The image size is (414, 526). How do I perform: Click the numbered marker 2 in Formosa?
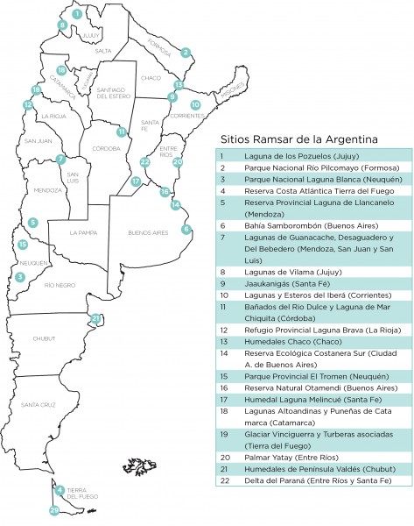click(x=186, y=52)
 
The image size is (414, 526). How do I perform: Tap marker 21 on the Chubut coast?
click(x=96, y=317)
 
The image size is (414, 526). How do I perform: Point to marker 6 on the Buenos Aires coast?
click(x=186, y=229)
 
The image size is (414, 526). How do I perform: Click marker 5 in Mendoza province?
click(x=32, y=223)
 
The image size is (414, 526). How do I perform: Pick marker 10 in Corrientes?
click(x=195, y=104)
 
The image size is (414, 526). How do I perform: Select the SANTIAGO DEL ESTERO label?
click(x=113, y=92)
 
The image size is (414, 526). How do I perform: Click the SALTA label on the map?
click(x=103, y=51)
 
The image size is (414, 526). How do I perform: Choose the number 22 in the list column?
click(x=224, y=481)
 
